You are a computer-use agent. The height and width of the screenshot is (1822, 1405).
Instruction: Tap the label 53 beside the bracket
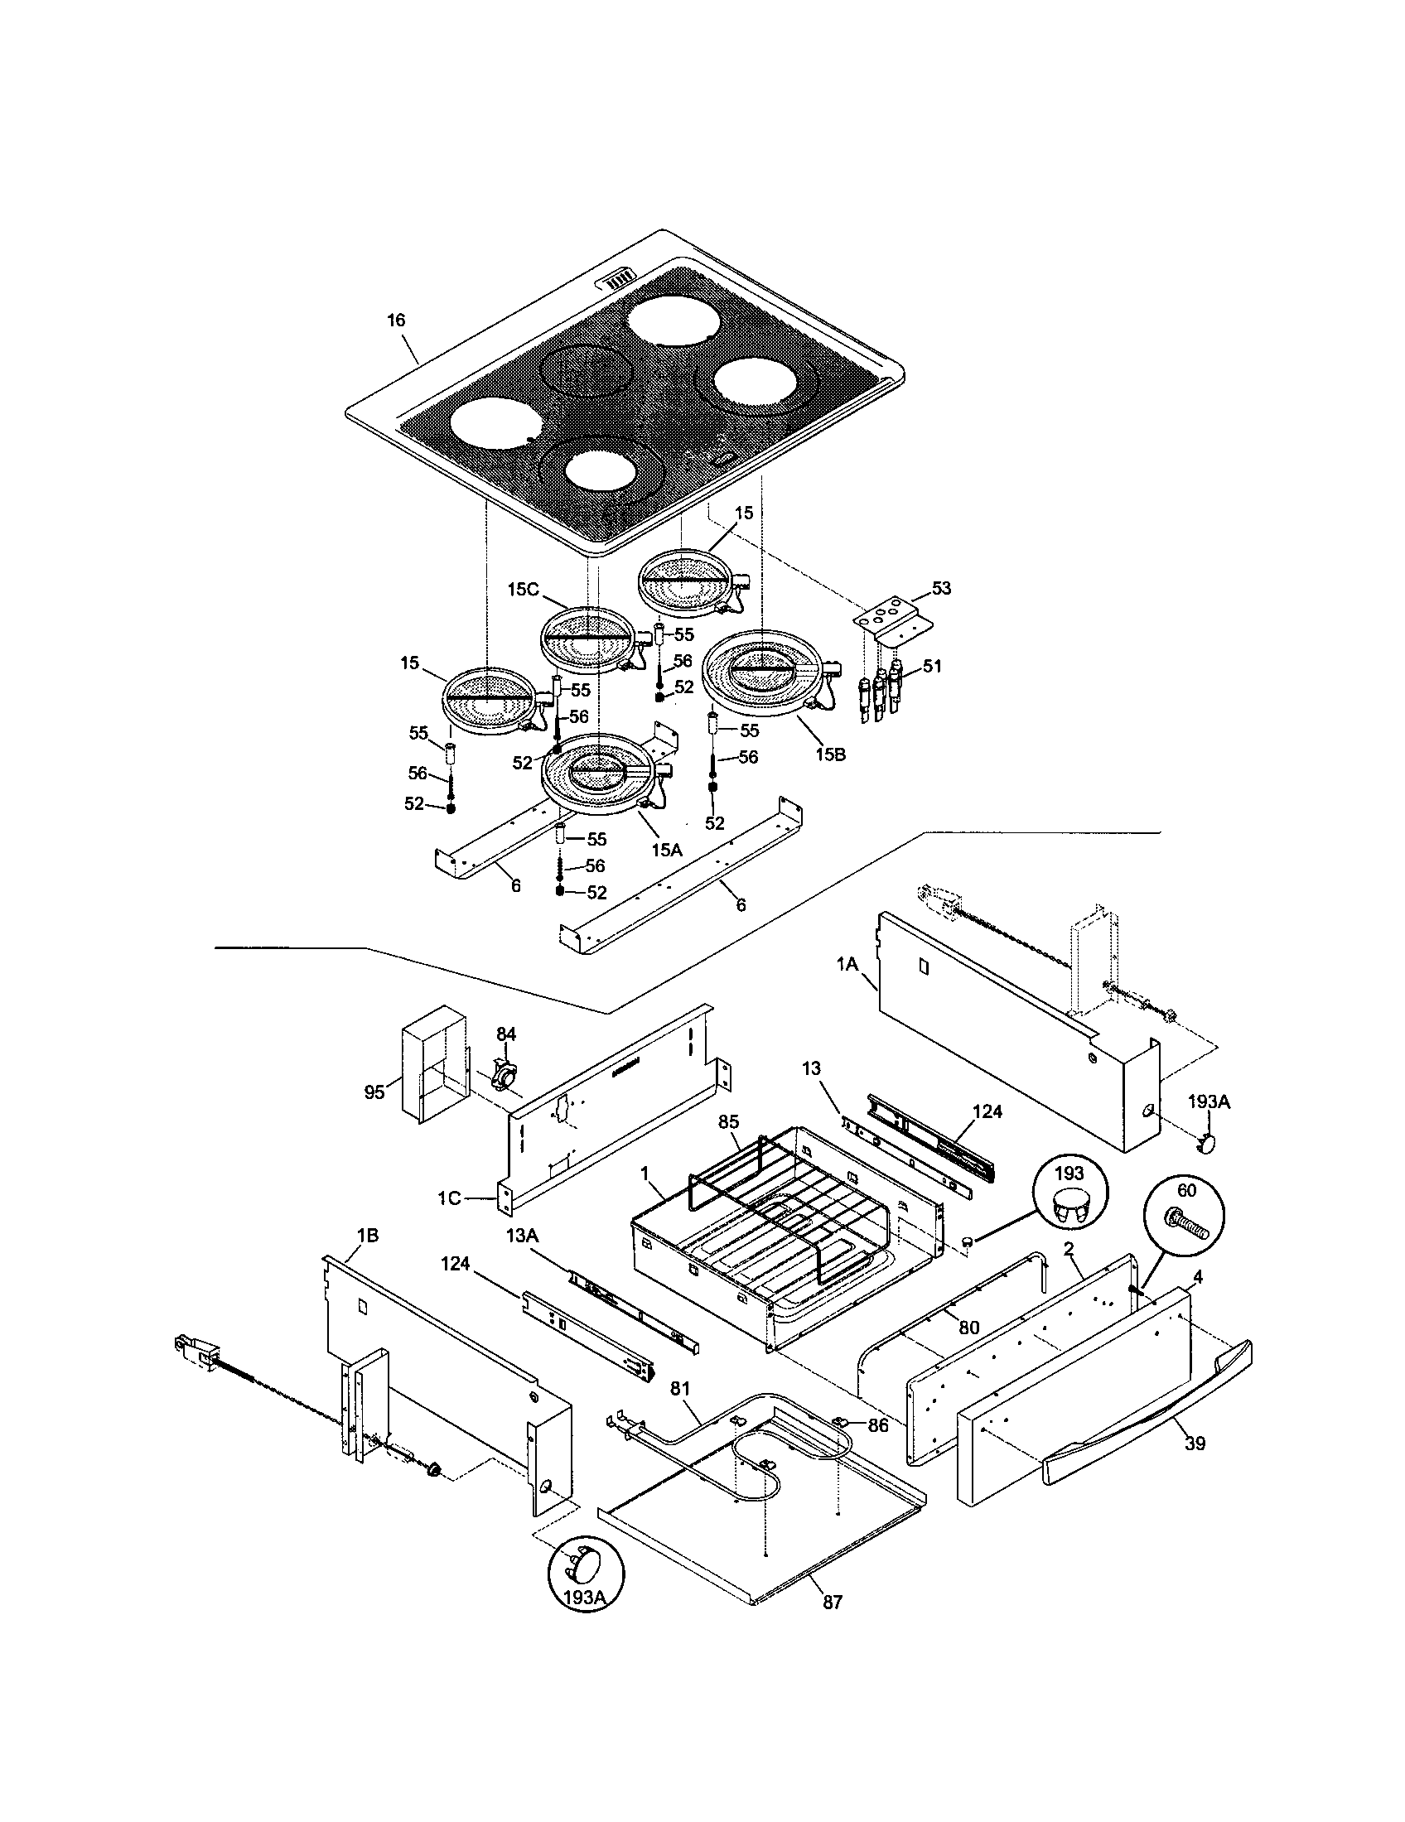[x=940, y=588]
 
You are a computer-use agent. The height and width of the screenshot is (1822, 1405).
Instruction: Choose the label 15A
[x=667, y=850]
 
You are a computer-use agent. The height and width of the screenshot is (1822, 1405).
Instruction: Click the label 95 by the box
[x=375, y=1092]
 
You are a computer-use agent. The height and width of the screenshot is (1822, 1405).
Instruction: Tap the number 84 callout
[x=506, y=1034]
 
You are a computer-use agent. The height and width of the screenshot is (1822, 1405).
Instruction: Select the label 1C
[x=449, y=1198]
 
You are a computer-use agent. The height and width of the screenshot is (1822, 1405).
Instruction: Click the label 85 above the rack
[x=729, y=1122]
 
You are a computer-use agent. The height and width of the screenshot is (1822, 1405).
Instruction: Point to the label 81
[x=680, y=1389]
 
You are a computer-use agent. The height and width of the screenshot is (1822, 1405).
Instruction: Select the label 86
[x=876, y=1426]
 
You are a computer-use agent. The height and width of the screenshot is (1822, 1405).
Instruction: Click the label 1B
[x=367, y=1236]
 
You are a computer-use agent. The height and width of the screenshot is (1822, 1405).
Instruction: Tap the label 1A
[x=847, y=963]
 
